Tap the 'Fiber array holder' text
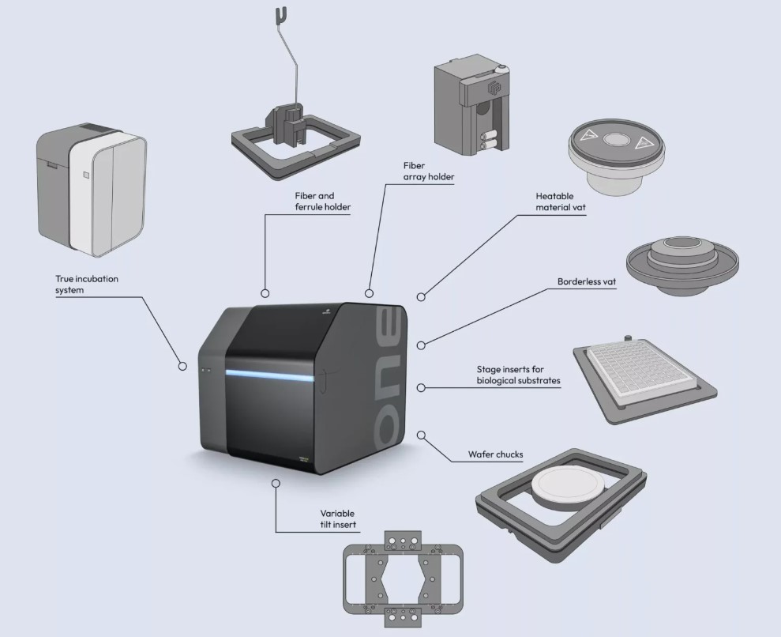(x=429, y=171)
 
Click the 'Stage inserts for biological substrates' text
(x=518, y=375)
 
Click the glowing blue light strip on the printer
(x=272, y=373)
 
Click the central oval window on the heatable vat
(x=613, y=141)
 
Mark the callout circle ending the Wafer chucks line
(x=421, y=435)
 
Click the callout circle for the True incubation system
(x=182, y=366)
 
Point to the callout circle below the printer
(x=275, y=482)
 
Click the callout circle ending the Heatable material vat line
(x=421, y=296)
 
